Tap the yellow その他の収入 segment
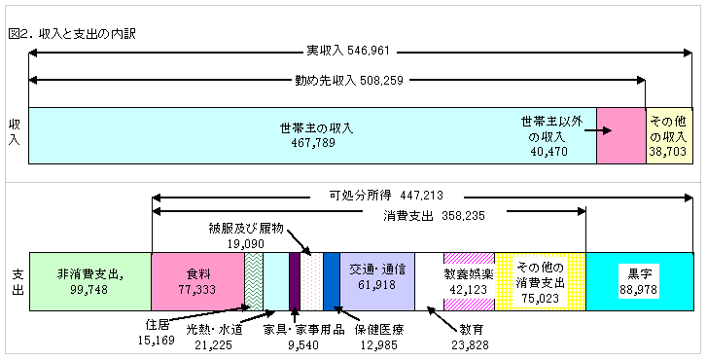click(x=668, y=135)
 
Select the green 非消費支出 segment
click(x=90, y=281)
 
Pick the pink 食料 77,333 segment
click(x=197, y=281)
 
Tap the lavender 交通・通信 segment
click(x=377, y=281)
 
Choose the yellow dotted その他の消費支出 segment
click(x=540, y=281)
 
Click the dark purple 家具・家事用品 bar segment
click(x=295, y=281)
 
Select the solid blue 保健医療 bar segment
click(x=332, y=281)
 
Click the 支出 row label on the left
click(x=15, y=281)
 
